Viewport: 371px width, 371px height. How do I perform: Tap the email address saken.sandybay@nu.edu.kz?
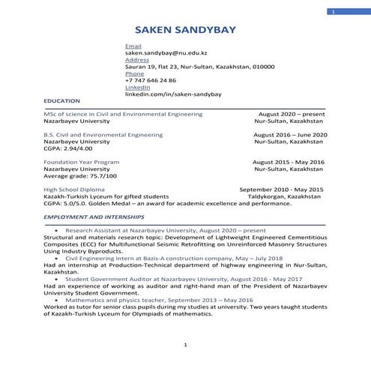point(166,53)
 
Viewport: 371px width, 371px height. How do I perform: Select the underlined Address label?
point(137,60)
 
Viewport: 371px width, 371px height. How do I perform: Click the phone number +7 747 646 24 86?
point(151,80)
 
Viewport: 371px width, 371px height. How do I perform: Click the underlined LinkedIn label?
point(138,87)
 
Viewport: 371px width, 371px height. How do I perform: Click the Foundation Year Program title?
point(81,162)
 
